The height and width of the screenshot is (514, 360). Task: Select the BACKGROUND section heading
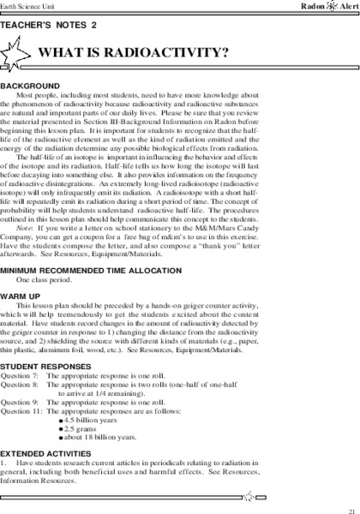[x=30, y=87]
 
